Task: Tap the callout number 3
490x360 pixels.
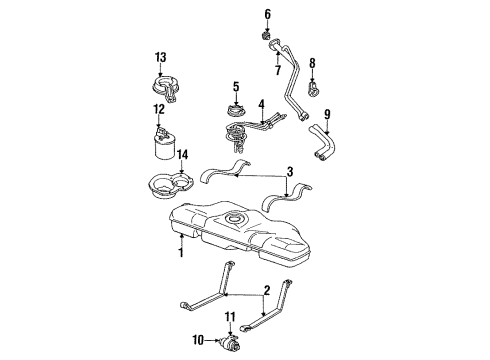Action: tap(289, 172)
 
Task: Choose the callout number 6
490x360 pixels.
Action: tap(267, 14)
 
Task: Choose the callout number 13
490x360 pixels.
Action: tap(160, 56)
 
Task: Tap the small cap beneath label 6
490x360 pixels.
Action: tap(267, 36)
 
